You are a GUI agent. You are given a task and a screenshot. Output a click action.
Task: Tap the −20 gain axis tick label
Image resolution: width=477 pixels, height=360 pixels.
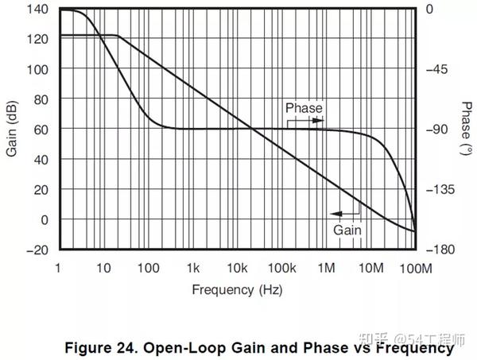36,250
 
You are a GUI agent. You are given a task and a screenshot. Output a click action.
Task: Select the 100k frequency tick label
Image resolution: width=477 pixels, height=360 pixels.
281,269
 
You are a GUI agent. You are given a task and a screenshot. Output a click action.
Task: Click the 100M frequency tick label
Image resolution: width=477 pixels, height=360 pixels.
414,269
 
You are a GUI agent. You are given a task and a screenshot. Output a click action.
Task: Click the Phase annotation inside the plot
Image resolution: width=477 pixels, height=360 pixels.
304,108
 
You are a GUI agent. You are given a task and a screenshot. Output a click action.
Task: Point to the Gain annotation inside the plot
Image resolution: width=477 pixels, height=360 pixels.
347,230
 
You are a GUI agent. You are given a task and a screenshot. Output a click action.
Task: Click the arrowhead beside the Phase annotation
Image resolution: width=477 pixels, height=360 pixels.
320,120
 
